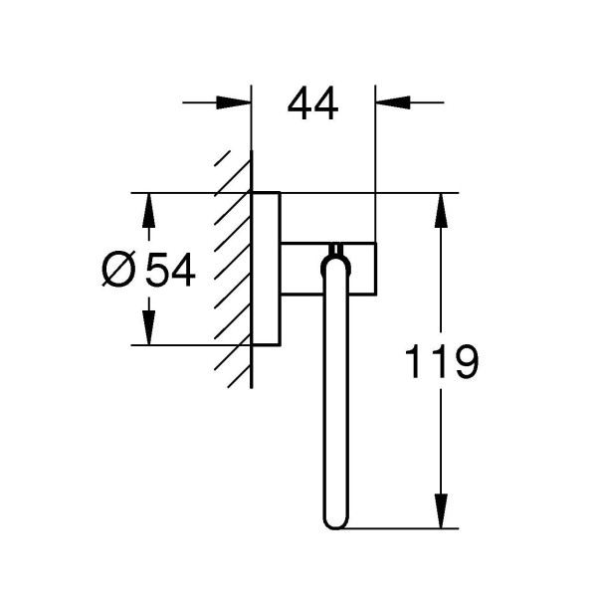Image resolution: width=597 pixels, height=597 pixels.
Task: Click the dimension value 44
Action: tap(312, 102)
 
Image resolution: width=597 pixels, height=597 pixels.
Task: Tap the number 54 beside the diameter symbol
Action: tap(171, 270)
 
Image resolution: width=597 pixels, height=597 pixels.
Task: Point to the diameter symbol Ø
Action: tap(118, 270)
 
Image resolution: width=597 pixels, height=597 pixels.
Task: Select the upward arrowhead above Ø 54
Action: tap(148, 208)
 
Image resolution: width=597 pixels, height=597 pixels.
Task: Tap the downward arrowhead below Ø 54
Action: tap(148, 327)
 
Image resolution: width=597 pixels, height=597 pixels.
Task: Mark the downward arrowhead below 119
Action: tap(439, 511)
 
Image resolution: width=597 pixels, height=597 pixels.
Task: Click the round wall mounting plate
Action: tap(266, 268)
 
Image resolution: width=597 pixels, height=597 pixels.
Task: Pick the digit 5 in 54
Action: tap(158, 270)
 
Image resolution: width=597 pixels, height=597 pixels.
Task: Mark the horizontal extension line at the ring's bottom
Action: tap(398, 528)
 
